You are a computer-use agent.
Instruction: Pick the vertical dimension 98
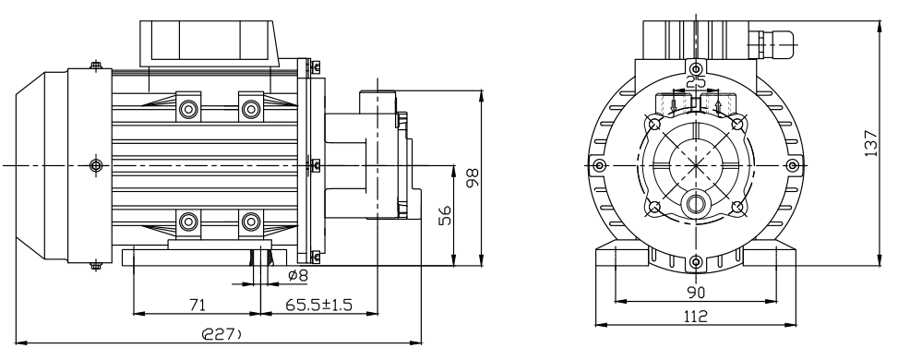click(x=473, y=178)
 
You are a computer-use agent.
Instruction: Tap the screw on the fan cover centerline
click(x=96, y=165)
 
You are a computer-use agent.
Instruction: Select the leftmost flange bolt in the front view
click(x=601, y=165)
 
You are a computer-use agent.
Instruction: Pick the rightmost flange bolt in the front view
click(x=790, y=165)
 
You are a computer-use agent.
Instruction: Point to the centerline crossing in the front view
click(x=695, y=165)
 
